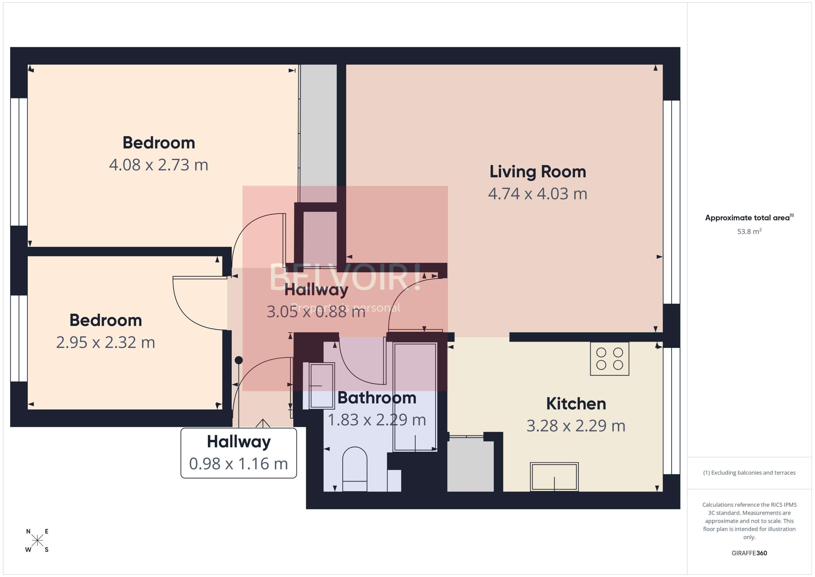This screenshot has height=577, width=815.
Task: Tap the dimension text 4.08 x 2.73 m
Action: [158, 165]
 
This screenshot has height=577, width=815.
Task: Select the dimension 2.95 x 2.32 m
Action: [105, 342]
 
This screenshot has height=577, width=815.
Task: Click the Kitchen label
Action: [576, 404]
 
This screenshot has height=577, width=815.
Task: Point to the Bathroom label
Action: [377, 398]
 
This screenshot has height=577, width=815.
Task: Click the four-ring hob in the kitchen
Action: [609, 358]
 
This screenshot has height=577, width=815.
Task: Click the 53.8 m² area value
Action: [749, 232]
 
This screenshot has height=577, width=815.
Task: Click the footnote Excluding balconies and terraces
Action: [749, 473]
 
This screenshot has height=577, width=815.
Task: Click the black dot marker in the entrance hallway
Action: [239, 360]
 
